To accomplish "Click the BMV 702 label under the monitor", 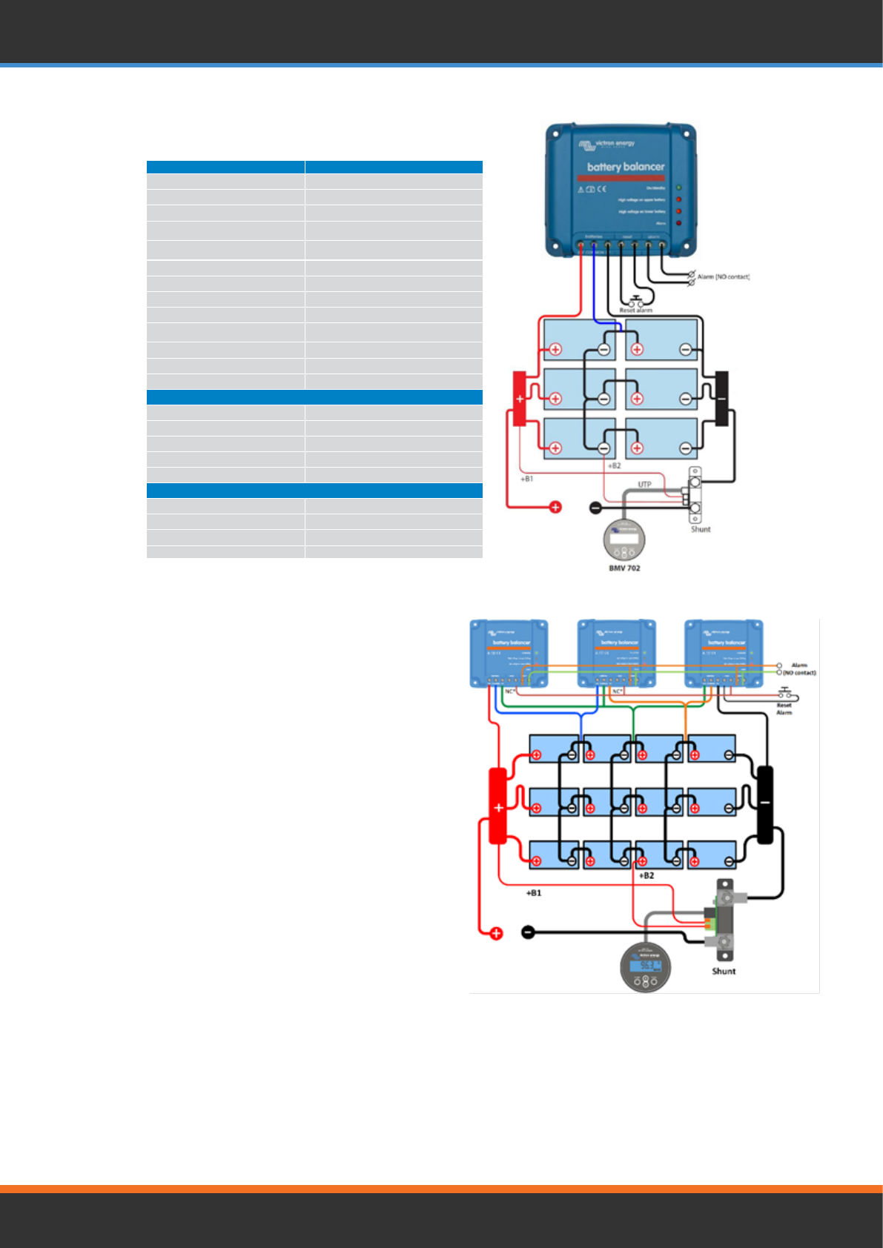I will (624, 568).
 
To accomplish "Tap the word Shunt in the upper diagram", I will (701, 529).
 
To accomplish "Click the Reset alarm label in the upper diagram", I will (635, 311).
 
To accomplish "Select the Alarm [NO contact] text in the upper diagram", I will (723, 276).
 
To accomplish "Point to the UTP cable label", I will (645, 485).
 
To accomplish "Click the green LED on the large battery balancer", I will (678, 188).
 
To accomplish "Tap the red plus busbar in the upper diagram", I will (520, 399).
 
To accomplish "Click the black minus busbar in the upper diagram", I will (721, 399).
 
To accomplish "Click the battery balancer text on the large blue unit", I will (626, 167).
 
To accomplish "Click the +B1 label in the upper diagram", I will (526, 479).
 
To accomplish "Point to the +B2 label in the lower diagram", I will (646, 875).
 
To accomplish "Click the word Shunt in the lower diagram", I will (724, 971).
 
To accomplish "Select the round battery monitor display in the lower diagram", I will (646, 966).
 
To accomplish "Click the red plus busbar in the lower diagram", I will (498, 806).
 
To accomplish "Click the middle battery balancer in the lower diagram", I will (617, 652).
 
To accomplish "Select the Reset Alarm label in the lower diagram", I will (784, 708).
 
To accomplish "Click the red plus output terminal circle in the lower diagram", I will (496, 934).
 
